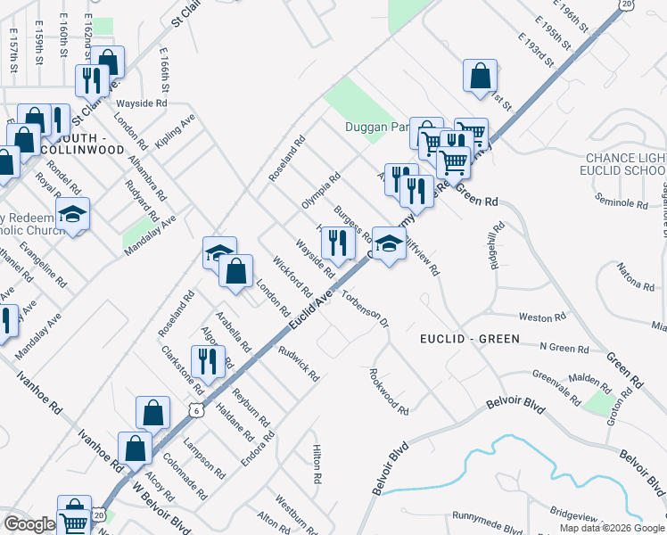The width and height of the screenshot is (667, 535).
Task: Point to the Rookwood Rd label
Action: pos(389,392)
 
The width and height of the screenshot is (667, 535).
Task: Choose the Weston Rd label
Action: pos(542,317)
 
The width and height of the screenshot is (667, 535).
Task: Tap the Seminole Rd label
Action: pos(623,203)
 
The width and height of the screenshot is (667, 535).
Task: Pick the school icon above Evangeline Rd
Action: pos(72,213)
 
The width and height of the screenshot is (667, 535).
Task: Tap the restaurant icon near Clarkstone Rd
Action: pos(208,361)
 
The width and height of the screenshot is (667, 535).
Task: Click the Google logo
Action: pos(29,524)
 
